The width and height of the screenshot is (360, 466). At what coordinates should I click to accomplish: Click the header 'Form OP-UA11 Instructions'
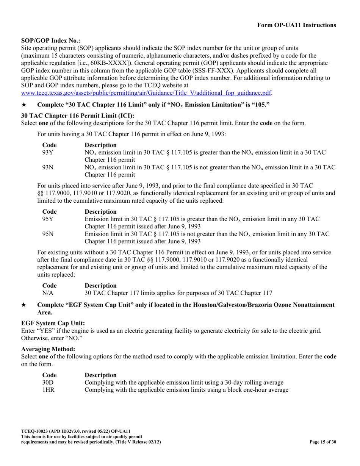click(x=296, y=25)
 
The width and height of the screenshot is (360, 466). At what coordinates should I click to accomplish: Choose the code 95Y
click(x=48, y=219)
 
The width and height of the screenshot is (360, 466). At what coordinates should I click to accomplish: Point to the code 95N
click(x=48, y=235)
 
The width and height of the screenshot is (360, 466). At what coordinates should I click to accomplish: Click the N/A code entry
click(x=48, y=293)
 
